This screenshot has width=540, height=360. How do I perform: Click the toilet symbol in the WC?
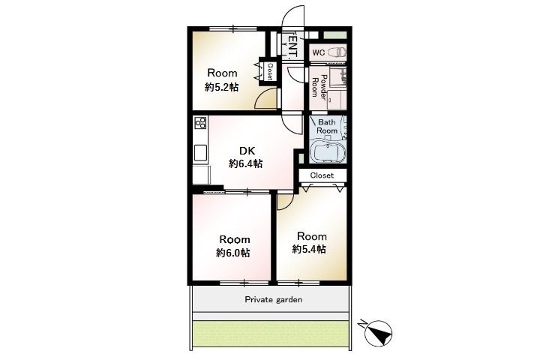(337, 52)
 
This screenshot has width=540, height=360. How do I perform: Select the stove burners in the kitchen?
(200, 123)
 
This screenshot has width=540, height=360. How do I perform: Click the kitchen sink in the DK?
(200, 153)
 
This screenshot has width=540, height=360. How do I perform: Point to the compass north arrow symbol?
(378, 333)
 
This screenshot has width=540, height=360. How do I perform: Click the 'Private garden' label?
(274, 300)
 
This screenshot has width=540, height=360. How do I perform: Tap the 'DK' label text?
(247, 151)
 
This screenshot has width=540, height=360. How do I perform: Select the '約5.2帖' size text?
(221, 87)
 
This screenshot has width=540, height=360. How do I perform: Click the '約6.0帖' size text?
(233, 253)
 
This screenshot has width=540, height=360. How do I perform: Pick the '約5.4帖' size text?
(309, 249)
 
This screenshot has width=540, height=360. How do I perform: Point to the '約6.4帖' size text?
(245, 163)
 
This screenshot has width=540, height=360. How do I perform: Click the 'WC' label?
(319, 52)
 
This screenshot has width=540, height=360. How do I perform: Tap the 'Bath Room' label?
(327, 127)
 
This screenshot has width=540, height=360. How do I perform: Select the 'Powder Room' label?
(319, 86)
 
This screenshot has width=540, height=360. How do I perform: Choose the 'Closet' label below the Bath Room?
(322, 175)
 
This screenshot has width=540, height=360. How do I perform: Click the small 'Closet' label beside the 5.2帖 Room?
(270, 71)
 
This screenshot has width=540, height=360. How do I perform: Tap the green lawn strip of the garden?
(270, 334)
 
